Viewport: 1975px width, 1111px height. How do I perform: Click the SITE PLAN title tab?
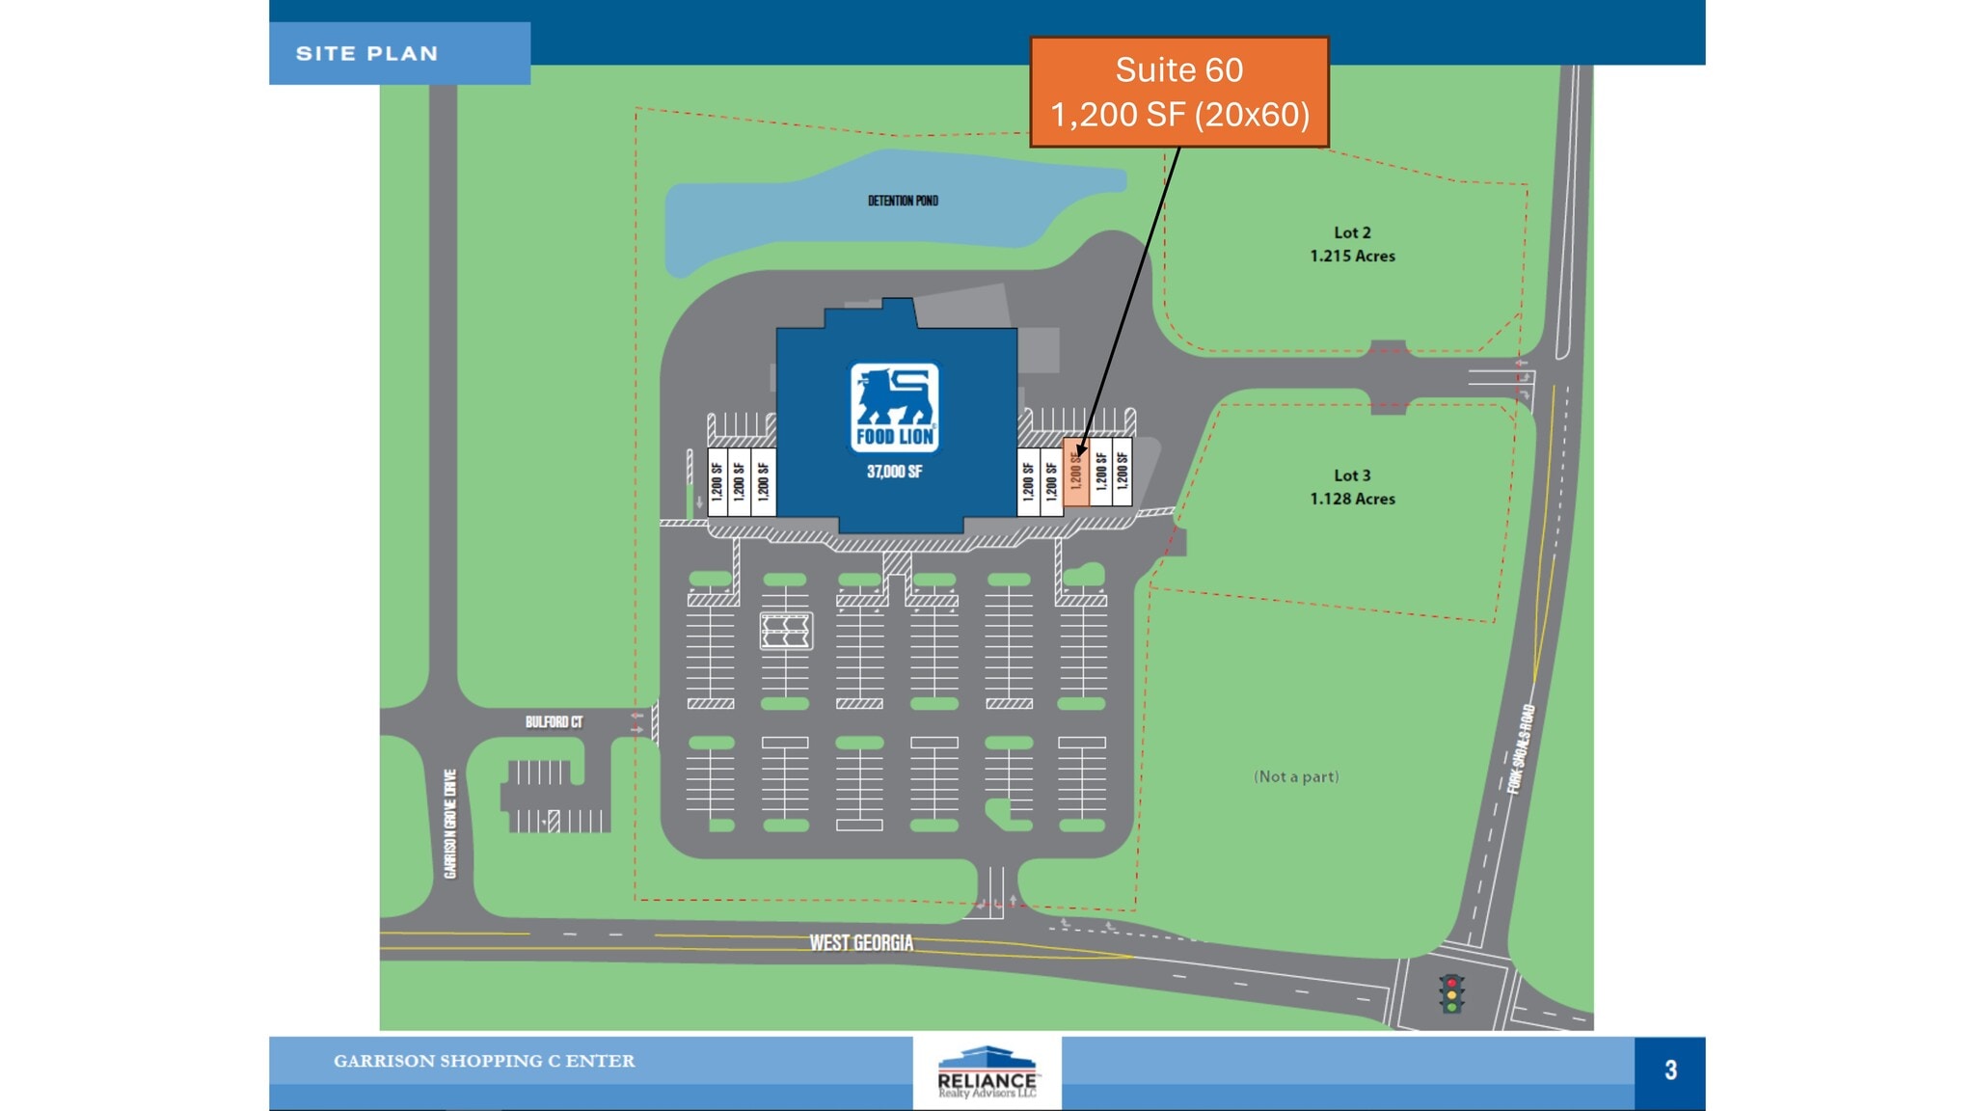pyautogui.click(x=367, y=54)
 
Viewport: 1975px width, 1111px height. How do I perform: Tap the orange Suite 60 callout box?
pyautogui.click(x=1178, y=93)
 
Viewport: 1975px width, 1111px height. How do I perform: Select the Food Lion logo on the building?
pyautogui.click(x=894, y=408)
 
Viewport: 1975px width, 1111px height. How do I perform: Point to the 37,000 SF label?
pyautogui.click(x=894, y=472)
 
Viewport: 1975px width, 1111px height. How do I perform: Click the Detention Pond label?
pyautogui.click(x=903, y=201)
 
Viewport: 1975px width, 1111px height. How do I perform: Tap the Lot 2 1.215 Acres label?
pyautogui.click(x=1352, y=244)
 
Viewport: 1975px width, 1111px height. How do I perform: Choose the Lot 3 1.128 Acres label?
pyautogui.click(x=1352, y=487)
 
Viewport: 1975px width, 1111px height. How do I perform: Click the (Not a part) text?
pyautogui.click(x=1296, y=776)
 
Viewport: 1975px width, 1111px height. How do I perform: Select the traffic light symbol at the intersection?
pyautogui.click(x=1451, y=993)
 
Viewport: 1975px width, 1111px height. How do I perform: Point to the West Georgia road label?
pyautogui.click(x=861, y=942)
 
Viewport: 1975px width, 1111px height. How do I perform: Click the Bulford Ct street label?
pyautogui.click(x=554, y=721)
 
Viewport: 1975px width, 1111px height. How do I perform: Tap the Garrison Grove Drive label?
pyautogui.click(x=450, y=824)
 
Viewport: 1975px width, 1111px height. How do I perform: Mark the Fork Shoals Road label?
pyautogui.click(x=1521, y=748)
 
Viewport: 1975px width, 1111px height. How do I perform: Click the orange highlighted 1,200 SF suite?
pyautogui.click(x=1076, y=473)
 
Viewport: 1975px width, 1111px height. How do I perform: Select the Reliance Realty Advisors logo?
pyautogui.click(x=987, y=1072)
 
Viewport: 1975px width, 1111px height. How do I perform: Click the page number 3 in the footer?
pyautogui.click(x=1670, y=1070)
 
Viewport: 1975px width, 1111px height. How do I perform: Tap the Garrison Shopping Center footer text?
pyautogui.click(x=484, y=1061)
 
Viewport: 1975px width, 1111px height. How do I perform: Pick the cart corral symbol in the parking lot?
pyautogui.click(x=786, y=631)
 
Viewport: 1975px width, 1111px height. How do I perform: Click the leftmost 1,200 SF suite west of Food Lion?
pyautogui.click(x=717, y=481)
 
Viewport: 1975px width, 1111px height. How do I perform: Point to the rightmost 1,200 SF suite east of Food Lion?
pyautogui.click(x=1123, y=473)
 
